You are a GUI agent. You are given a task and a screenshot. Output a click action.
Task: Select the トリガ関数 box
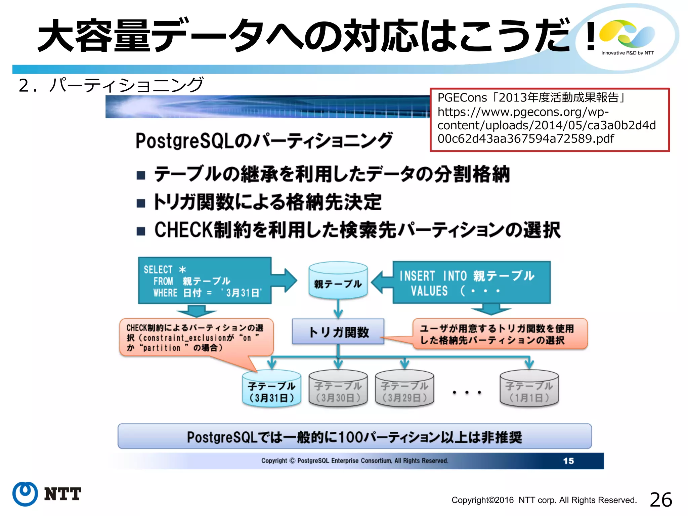(338, 332)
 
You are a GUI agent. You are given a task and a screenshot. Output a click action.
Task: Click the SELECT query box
(205, 281)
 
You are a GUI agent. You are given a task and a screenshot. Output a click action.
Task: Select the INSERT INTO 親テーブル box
(471, 283)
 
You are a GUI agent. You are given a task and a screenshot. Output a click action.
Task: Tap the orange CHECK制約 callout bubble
(196, 337)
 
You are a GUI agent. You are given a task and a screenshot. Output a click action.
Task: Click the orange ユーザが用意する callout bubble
(500, 334)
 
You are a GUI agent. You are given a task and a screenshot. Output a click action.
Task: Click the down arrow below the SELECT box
(196, 311)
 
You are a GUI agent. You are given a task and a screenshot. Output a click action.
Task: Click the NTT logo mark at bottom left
(25, 494)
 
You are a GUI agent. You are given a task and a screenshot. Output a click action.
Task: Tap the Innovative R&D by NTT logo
(627, 37)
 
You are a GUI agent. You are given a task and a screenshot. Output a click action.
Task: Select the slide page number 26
(661, 500)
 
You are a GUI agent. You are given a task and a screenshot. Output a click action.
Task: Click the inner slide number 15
(568, 461)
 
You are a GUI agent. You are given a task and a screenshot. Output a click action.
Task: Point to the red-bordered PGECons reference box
(550, 120)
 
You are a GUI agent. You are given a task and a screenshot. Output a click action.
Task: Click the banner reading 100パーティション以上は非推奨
(354, 436)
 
